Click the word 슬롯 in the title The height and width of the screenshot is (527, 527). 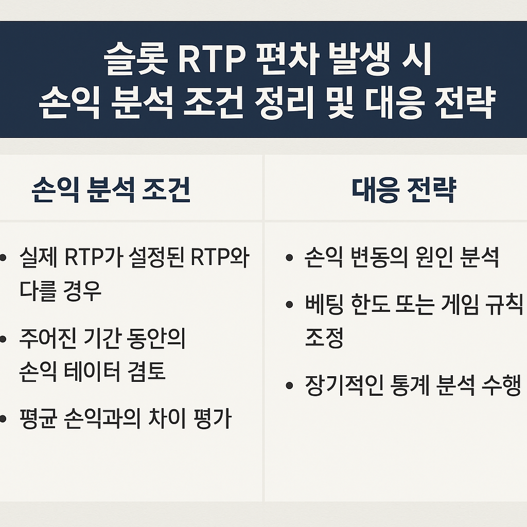(x=135, y=59)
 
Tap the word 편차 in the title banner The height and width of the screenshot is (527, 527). (x=287, y=59)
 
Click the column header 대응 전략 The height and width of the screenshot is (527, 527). (x=404, y=190)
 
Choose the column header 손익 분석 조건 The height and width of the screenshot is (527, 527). (x=111, y=190)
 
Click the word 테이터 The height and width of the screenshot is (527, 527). (x=92, y=372)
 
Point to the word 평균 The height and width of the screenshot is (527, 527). (x=38, y=419)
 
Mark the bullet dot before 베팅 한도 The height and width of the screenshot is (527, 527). (x=289, y=305)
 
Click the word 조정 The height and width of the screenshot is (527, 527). (x=324, y=338)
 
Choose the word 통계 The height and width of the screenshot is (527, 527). (x=409, y=385)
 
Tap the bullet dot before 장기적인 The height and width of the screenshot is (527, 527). (x=289, y=385)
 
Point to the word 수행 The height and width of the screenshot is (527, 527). (x=501, y=385)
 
